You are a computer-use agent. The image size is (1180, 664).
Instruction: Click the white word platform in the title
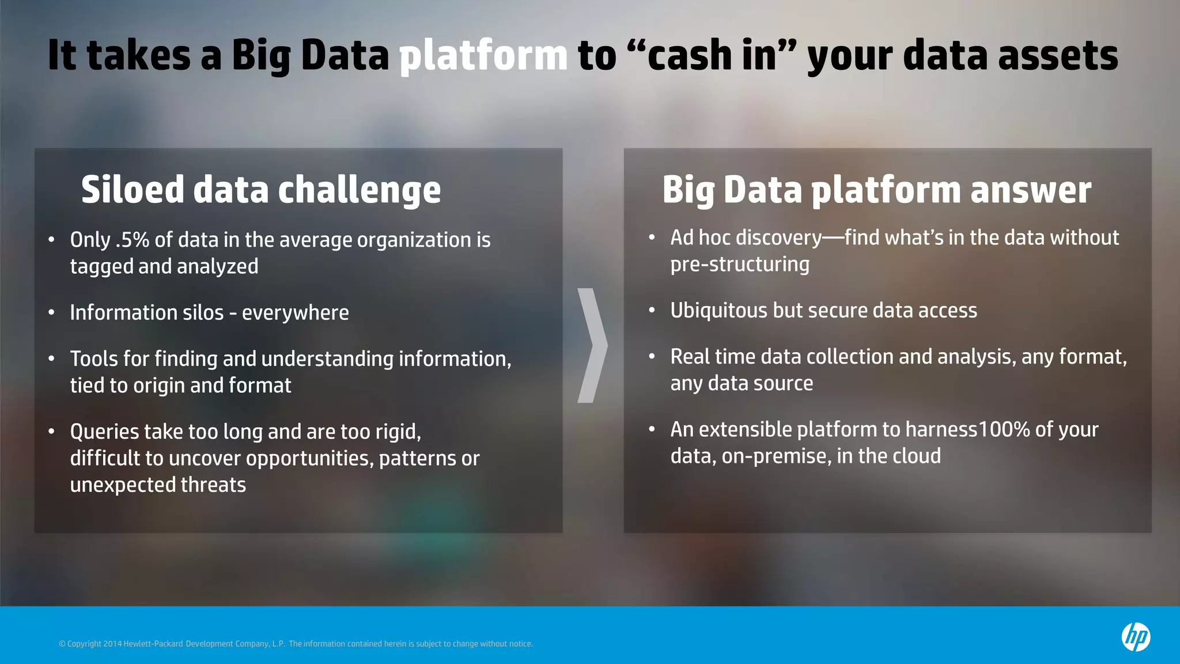pyautogui.click(x=483, y=56)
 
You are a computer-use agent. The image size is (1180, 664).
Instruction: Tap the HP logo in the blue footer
pyautogui.click(x=1135, y=637)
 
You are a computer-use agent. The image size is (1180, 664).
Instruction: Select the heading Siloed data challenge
pyautogui.click(x=260, y=190)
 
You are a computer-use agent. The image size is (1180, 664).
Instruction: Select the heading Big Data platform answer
pyautogui.click(x=876, y=190)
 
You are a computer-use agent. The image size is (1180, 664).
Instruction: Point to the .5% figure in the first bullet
pyautogui.click(x=132, y=240)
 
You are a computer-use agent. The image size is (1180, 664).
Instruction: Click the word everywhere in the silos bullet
pyautogui.click(x=295, y=312)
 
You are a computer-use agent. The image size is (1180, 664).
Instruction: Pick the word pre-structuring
pyautogui.click(x=740, y=265)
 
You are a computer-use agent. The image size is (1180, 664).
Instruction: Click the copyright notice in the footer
pyautogui.click(x=296, y=644)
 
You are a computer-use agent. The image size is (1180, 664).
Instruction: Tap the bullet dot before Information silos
pyautogui.click(x=51, y=312)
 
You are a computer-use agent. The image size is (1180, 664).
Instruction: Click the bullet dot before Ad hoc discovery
pyautogui.click(x=652, y=237)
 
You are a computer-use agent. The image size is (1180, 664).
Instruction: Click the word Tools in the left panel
pyautogui.click(x=94, y=359)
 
